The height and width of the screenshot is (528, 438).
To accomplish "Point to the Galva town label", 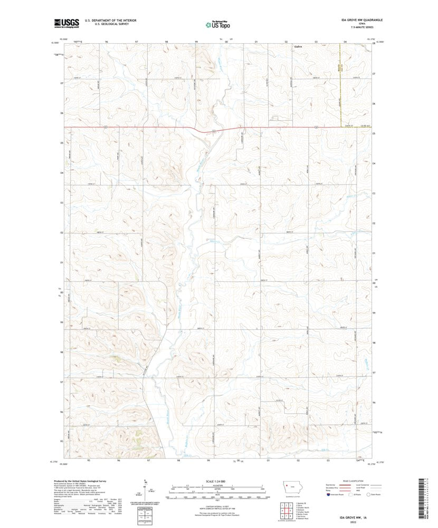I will click(298, 47).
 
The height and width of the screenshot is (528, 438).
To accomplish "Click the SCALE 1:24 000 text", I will click(217, 482).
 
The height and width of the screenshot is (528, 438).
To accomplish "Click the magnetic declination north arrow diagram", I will click(145, 490).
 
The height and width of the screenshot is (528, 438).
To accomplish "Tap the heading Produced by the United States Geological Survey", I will click(87, 481).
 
